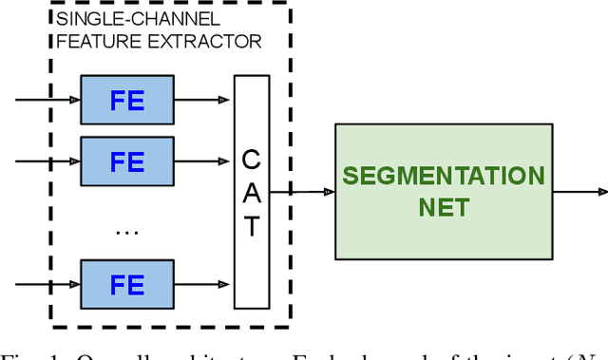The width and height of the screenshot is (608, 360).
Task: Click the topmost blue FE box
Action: coord(126,100)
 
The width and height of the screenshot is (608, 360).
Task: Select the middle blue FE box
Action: coord(126,162)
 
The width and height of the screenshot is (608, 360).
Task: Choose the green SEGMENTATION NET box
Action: coord(443,191)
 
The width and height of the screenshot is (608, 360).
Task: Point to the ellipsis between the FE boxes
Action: coord(126,229)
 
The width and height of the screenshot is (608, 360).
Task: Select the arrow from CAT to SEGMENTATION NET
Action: coord(302,192)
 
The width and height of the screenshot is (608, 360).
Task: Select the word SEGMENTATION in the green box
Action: coord(444,177)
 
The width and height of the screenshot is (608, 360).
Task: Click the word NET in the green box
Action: coord(444,206)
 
